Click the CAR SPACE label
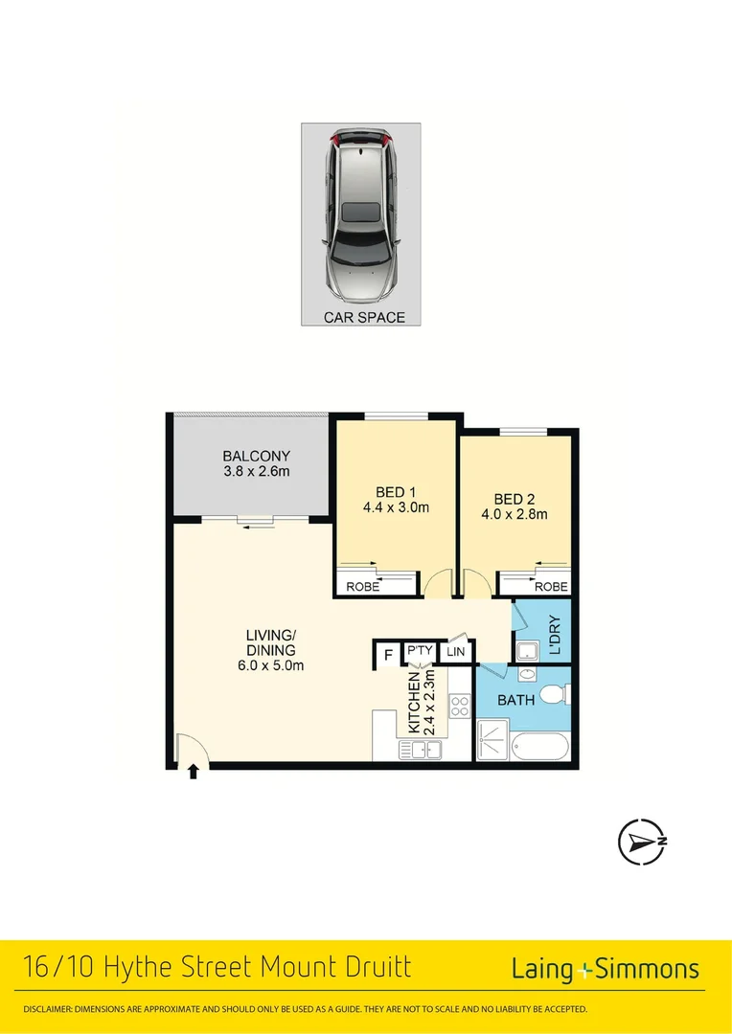[364, 317]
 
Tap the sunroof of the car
[360, 212]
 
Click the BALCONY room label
[256, 456]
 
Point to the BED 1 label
[382, 492]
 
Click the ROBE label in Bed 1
[362, 587]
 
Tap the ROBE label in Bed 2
[551, 587]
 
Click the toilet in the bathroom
[554, 693]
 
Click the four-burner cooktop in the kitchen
[459, 708]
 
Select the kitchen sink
[421, 750]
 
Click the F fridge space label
[387, 655]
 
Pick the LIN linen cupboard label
[456, 652]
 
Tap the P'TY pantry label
[419, 651]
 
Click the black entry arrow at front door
[194, 772]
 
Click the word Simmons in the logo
[648, 969]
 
